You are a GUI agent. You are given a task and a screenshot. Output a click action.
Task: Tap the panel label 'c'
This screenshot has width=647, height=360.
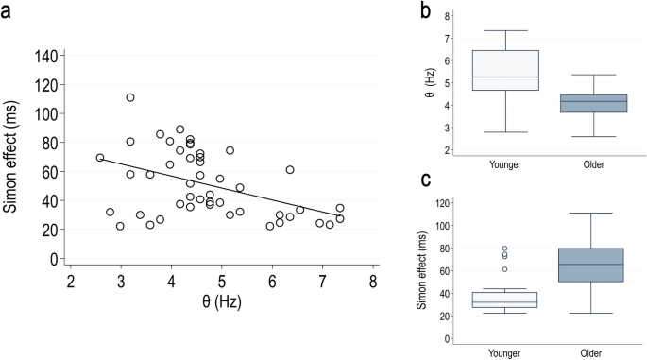coord(426,180)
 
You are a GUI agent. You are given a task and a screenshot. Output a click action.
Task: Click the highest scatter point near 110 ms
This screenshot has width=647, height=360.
coord(130,97)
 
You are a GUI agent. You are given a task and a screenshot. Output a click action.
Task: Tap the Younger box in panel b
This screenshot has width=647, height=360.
coord(512,70)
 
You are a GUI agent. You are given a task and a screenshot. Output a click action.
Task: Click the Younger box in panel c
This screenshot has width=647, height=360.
coord(512,300)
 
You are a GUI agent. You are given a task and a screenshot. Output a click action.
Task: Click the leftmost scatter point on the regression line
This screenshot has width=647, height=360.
coord(100,158)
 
